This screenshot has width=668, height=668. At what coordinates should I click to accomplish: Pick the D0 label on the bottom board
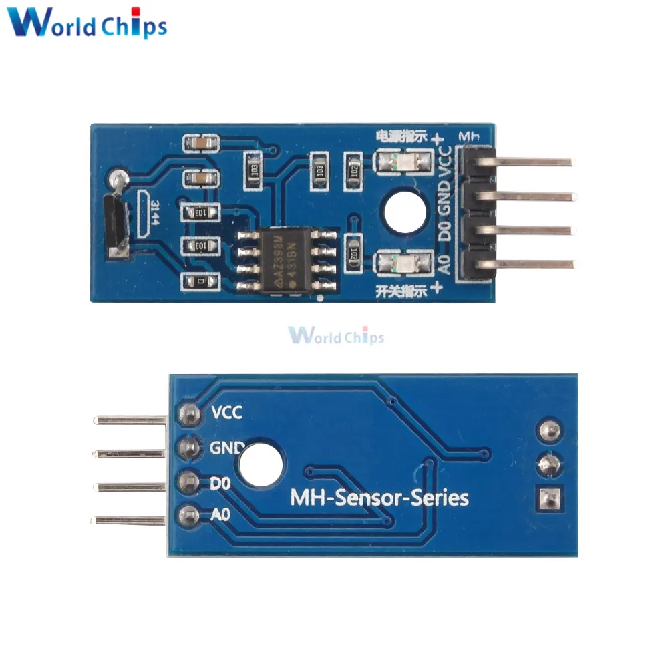(x=221, y=482)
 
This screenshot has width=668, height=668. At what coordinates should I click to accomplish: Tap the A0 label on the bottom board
(x=221, y=515)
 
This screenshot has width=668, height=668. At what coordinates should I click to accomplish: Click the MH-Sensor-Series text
(x=379, y=498)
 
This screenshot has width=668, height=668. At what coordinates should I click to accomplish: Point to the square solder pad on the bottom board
(x=549, y=498)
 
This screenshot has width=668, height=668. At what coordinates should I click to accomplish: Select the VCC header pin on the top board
(x=534, y=162)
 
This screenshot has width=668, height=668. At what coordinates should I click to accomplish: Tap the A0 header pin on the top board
(x=534, y=264)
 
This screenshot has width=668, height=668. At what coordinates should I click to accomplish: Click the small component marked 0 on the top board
(x=200, y=282)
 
